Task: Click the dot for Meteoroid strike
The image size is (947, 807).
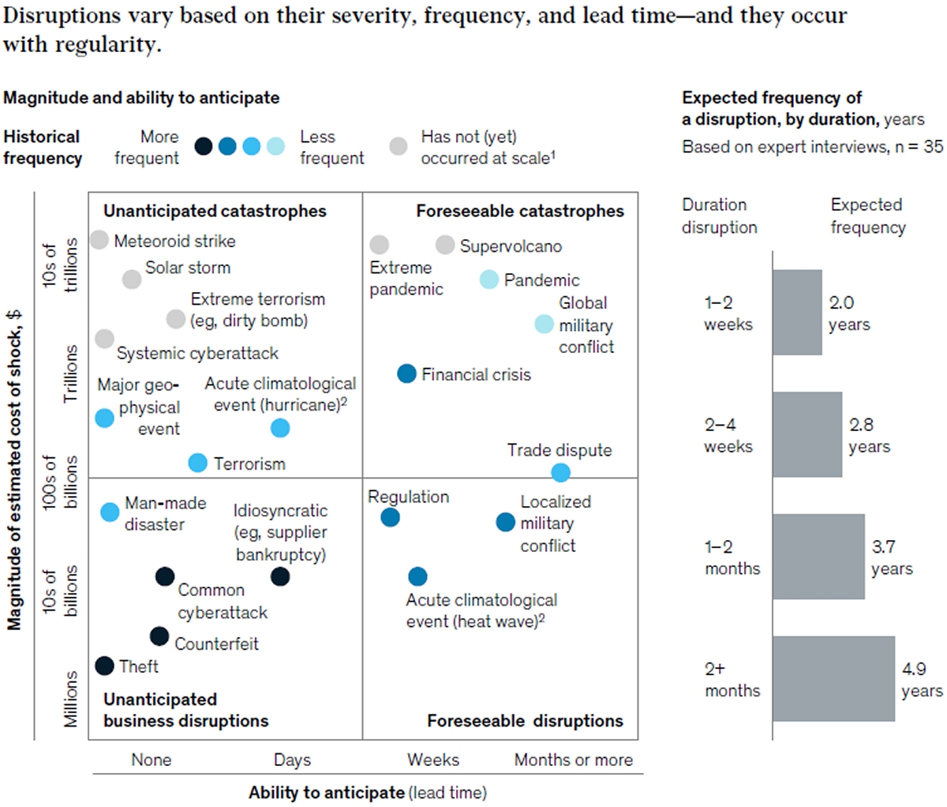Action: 99,239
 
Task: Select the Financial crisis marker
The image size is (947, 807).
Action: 406,373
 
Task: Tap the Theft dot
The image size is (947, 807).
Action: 104,666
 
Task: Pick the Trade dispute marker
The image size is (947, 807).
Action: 560,472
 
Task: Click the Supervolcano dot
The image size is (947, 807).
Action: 445,245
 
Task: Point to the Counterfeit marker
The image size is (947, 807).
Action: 159,636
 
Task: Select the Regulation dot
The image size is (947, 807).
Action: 390,517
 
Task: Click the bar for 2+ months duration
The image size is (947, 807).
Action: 833,678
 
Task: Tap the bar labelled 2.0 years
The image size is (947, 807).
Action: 797,313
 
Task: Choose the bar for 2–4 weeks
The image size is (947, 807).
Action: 807,434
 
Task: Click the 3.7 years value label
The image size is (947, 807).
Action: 892,557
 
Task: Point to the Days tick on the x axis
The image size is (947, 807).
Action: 292,760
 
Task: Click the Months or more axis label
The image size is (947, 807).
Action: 574,760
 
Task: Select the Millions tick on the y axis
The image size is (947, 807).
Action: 71,700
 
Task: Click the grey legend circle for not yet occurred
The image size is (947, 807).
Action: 399,146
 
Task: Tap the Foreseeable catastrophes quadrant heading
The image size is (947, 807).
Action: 520,211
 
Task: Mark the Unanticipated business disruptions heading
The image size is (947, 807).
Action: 185,710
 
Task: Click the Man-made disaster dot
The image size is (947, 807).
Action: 110,512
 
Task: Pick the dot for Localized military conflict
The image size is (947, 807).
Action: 505,522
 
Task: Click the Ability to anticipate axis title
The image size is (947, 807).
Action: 368,793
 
